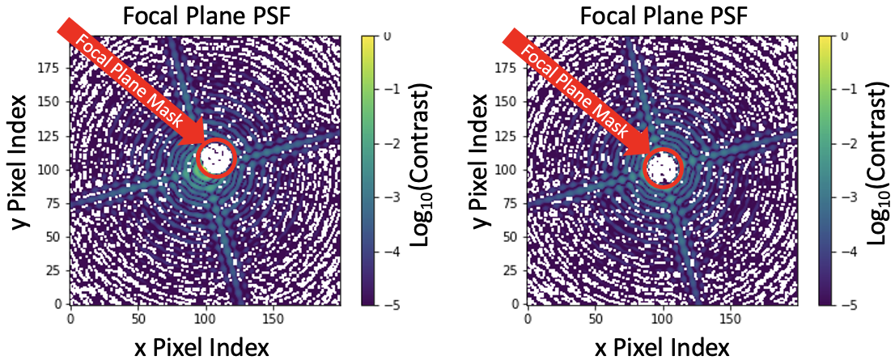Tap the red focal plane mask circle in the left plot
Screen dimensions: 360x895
(216, 157)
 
